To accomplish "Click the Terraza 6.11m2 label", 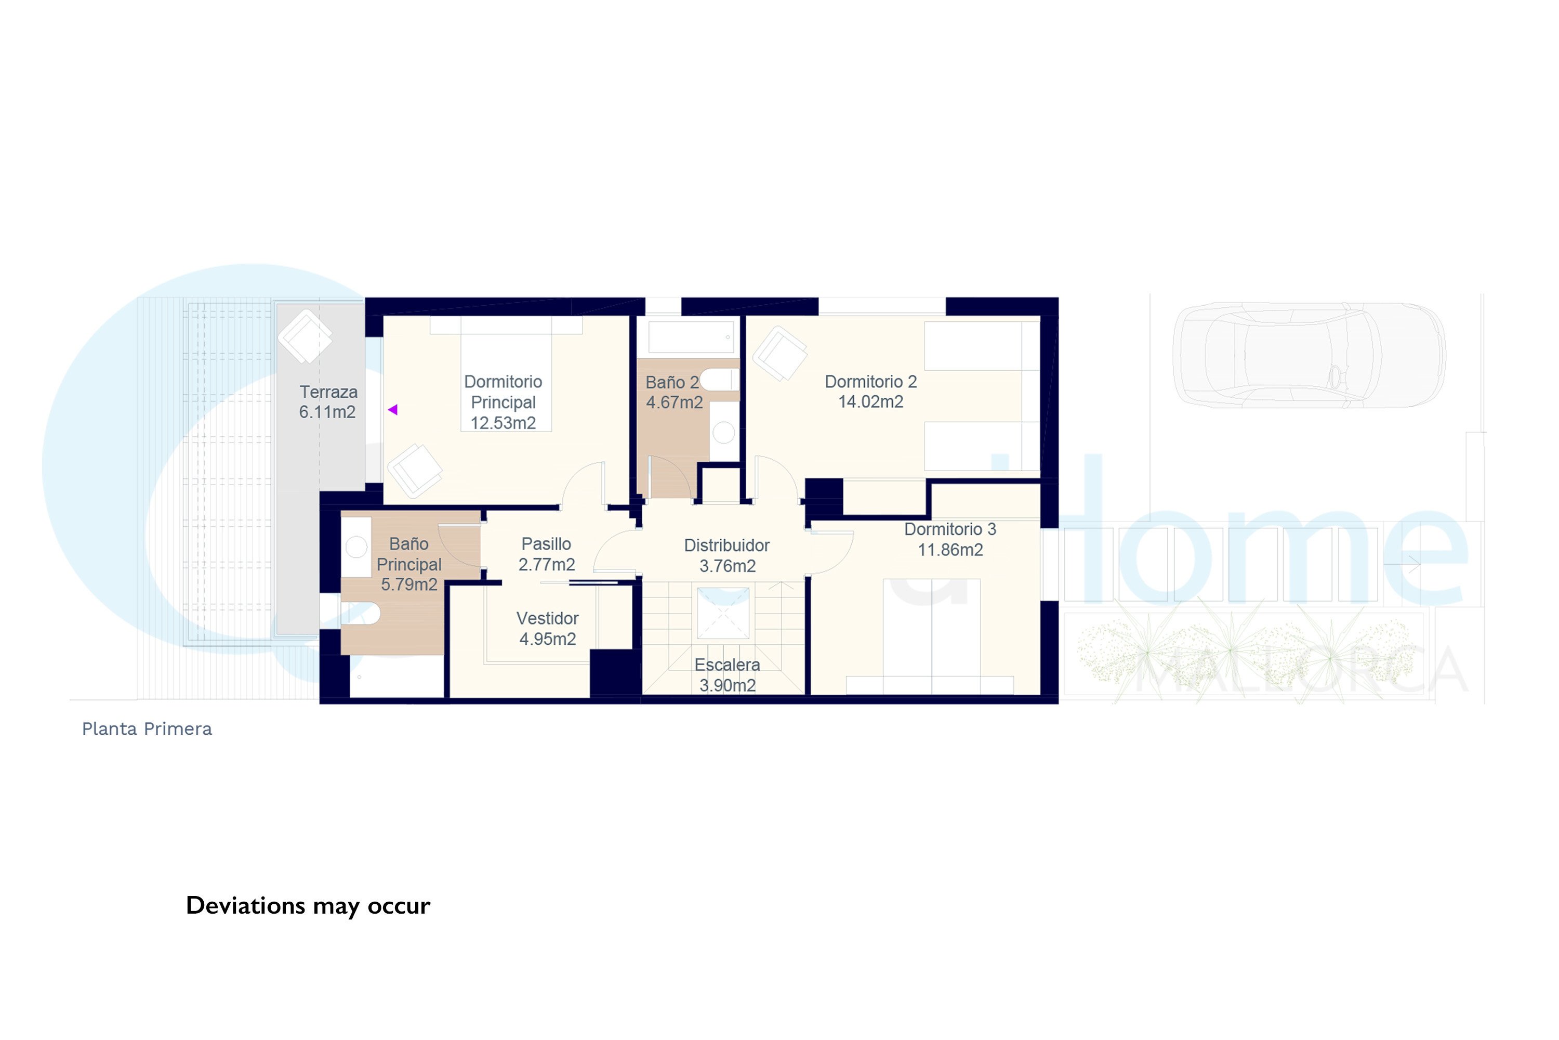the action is pyautogui.click(x=328, y=402).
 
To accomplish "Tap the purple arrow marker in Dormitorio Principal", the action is pyautogui.click(x=393, y=410).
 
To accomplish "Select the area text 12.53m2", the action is pyautogui.click(x=503, y=423).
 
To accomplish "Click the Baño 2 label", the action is pyautogui.click(x=672, y=383).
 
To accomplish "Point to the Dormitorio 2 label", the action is pyautogui.click(x=871, y=382).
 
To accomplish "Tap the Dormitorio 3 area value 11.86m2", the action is pyautogui.click(x=950, y=550).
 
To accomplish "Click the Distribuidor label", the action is pyautogui.click(x=727, y=546).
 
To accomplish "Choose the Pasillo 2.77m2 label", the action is pyautogui.click(x=547, y=554).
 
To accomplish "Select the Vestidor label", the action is pyautogui.click(x=548, y=619).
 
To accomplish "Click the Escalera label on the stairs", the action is pyautogui.click(x=727, y=665).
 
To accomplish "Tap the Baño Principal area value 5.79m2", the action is pyautogui.click(x=409, y=585).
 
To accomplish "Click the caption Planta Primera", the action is pyautogui.click(x=147, y=729).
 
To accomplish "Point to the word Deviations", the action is pyautogui.click(x=245, y=905).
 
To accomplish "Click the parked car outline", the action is pyautogui.click(x=1309, y=354).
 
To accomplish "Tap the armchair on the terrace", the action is pyautogui.click(x=305, y=336).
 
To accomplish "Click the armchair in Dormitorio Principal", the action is pyautogui.click(x=415, y=471).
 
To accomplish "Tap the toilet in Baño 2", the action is pyautogui.click(x=719, y=380).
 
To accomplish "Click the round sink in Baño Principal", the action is pyautogui.click(x=356, y=547).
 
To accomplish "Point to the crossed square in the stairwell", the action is pyautogui.click(x=723, y=613).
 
